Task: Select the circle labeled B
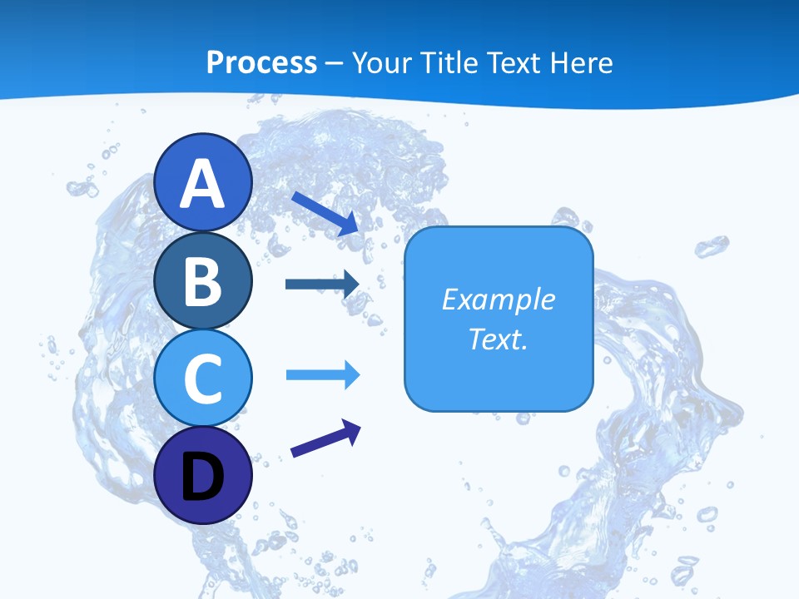click(202, 280)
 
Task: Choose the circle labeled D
click(202, 475)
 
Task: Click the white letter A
click(202, 185)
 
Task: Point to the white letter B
click(202, 280)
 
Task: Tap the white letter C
click(202, 378)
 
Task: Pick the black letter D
click(202, 477)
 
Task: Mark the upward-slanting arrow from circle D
click(325, 438)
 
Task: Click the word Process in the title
click(261, 63)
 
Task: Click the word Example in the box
click(498, 299)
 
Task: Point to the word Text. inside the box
click(498, 339)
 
